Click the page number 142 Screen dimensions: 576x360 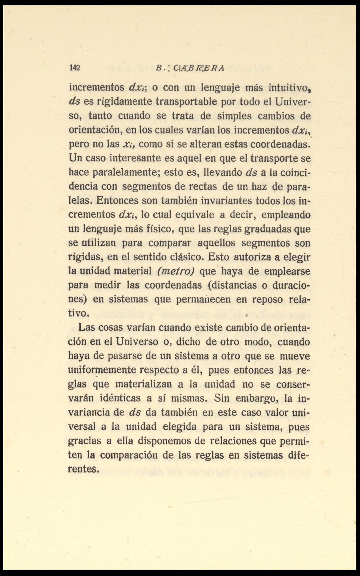[x=74, y=68]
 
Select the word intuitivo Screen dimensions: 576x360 [x=289, y=88]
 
